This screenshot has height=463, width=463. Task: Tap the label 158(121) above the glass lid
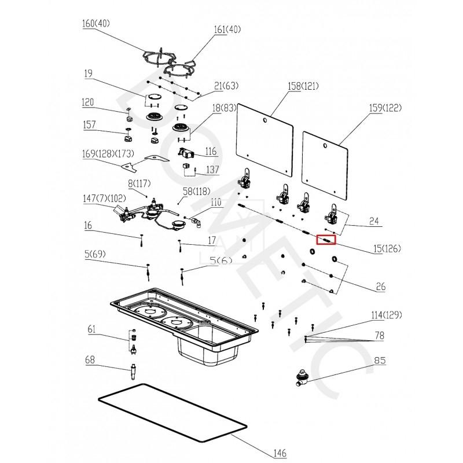tap(303, 86)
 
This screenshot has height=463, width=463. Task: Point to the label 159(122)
tap(385, 108)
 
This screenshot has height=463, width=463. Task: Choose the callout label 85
tap(380, 360)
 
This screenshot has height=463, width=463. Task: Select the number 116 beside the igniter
tap(210, 151)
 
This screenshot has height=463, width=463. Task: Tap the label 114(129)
tap(386, 315)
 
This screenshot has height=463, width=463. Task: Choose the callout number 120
tap(88, 102)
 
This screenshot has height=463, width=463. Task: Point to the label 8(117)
tap(139, 183)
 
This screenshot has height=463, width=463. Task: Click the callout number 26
tap(380, 286)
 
